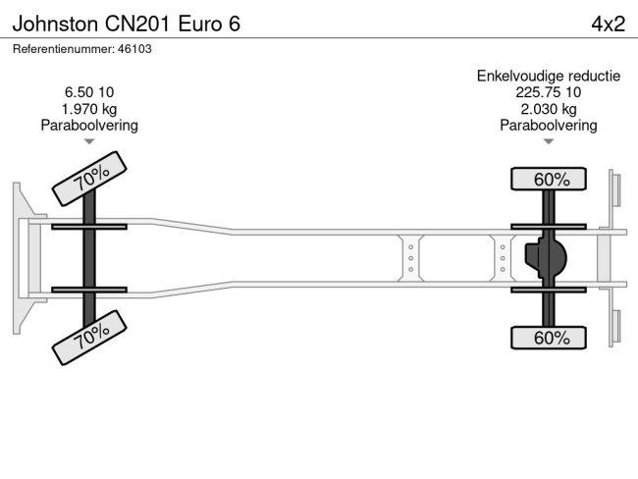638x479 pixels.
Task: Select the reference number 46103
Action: click(x=133, y=48)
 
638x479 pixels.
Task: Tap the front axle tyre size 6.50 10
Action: click(x=89, y=93)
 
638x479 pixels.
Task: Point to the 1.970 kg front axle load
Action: click(x=89, y=109)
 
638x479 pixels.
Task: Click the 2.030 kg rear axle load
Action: click(x=549, y=109)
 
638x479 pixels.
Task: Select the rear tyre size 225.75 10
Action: click(x=549, y=92)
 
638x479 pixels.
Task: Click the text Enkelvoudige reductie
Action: click(x=549, y=76)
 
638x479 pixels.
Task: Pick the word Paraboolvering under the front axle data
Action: click(x=89, y=125)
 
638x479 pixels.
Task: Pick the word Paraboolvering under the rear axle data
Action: click(x=549, y=125)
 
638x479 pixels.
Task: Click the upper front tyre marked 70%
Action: click(x=89, y=178)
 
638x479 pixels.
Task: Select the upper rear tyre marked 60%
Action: click(x=549, y=179)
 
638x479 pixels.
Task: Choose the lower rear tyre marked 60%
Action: click(x=549, y=338)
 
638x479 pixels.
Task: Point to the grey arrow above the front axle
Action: click(x=89, y=141)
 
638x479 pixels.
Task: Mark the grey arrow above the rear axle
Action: click(x=549, y=141)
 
